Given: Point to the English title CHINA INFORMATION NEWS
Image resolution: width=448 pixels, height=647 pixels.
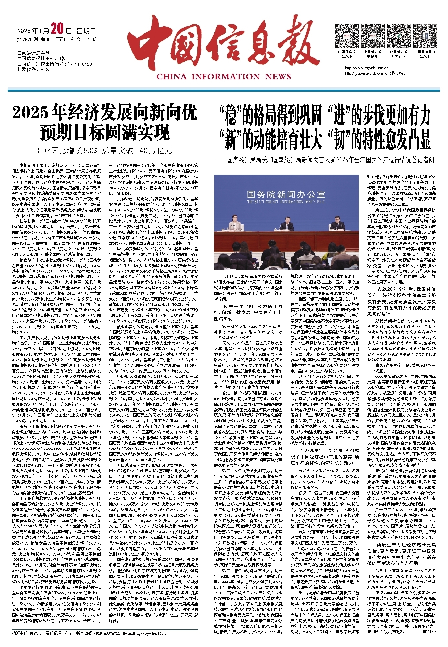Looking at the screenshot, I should tap(224, 77).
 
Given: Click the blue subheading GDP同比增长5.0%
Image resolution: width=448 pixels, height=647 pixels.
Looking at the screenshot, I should tap(67, 150).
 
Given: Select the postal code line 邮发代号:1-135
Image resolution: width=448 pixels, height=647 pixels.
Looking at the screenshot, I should tap(34, 70).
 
